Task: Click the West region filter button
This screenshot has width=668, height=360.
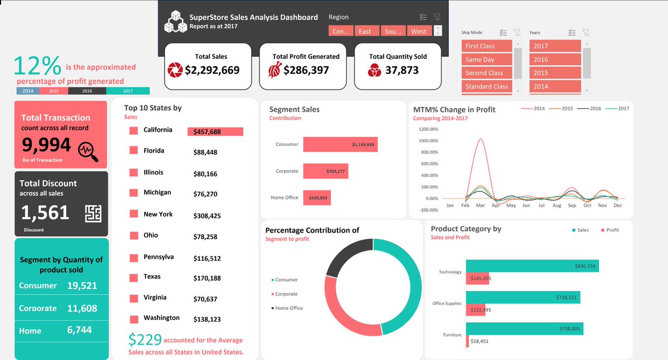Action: point(419,31)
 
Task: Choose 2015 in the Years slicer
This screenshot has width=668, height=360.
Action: point(554,73)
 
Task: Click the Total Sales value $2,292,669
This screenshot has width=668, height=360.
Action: point(212,70)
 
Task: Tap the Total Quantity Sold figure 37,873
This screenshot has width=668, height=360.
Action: point(401,70)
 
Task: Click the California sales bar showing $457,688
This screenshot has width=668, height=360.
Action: point(215,132)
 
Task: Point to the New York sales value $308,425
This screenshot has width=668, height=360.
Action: point(207,216)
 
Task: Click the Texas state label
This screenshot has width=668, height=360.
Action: point(152,277)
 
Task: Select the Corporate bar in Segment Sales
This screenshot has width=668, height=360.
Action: point(325,171)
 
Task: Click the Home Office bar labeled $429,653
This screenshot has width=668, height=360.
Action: point(317,198)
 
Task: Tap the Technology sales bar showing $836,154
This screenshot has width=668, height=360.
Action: point(532,266)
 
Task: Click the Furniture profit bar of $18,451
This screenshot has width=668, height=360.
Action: point(468,341)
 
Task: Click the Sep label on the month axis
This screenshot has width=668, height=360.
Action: point(572,205)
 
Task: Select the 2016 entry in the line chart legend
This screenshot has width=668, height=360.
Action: point(592,109)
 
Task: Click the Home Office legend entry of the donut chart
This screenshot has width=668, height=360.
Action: point(288,308)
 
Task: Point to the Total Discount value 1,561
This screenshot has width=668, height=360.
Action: point(45,213)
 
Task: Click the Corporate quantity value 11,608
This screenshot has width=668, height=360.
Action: point(82,308)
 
